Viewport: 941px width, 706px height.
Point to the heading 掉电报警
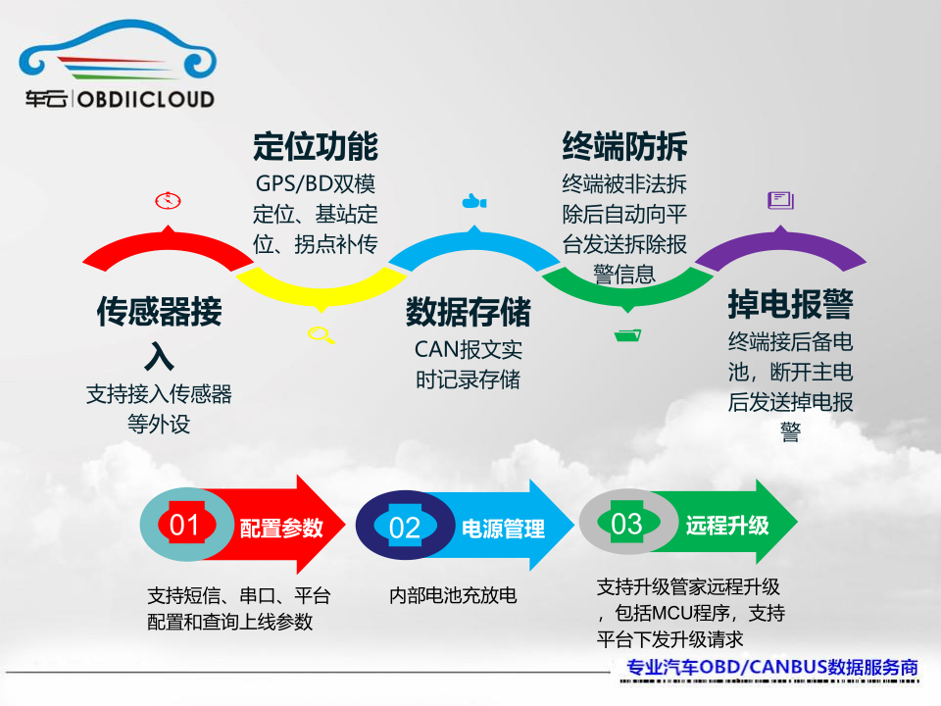click(790, 304)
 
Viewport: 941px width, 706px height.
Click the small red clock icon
click(168, 201)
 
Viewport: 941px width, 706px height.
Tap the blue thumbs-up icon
click(474, 202)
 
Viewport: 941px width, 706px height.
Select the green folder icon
click(627, 335)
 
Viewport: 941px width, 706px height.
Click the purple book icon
click(780, 200)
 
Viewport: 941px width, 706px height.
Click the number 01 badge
click(184, 526)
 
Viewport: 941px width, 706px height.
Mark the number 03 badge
click(626, 524)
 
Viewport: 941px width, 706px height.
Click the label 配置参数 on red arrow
click(281, 528)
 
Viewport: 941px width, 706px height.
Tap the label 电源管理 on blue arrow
click(503, 529)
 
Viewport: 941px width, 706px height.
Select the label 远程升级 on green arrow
click(727, 525)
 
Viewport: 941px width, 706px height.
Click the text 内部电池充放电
click(453, 595)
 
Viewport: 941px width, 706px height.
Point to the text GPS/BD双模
click(315, 183)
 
